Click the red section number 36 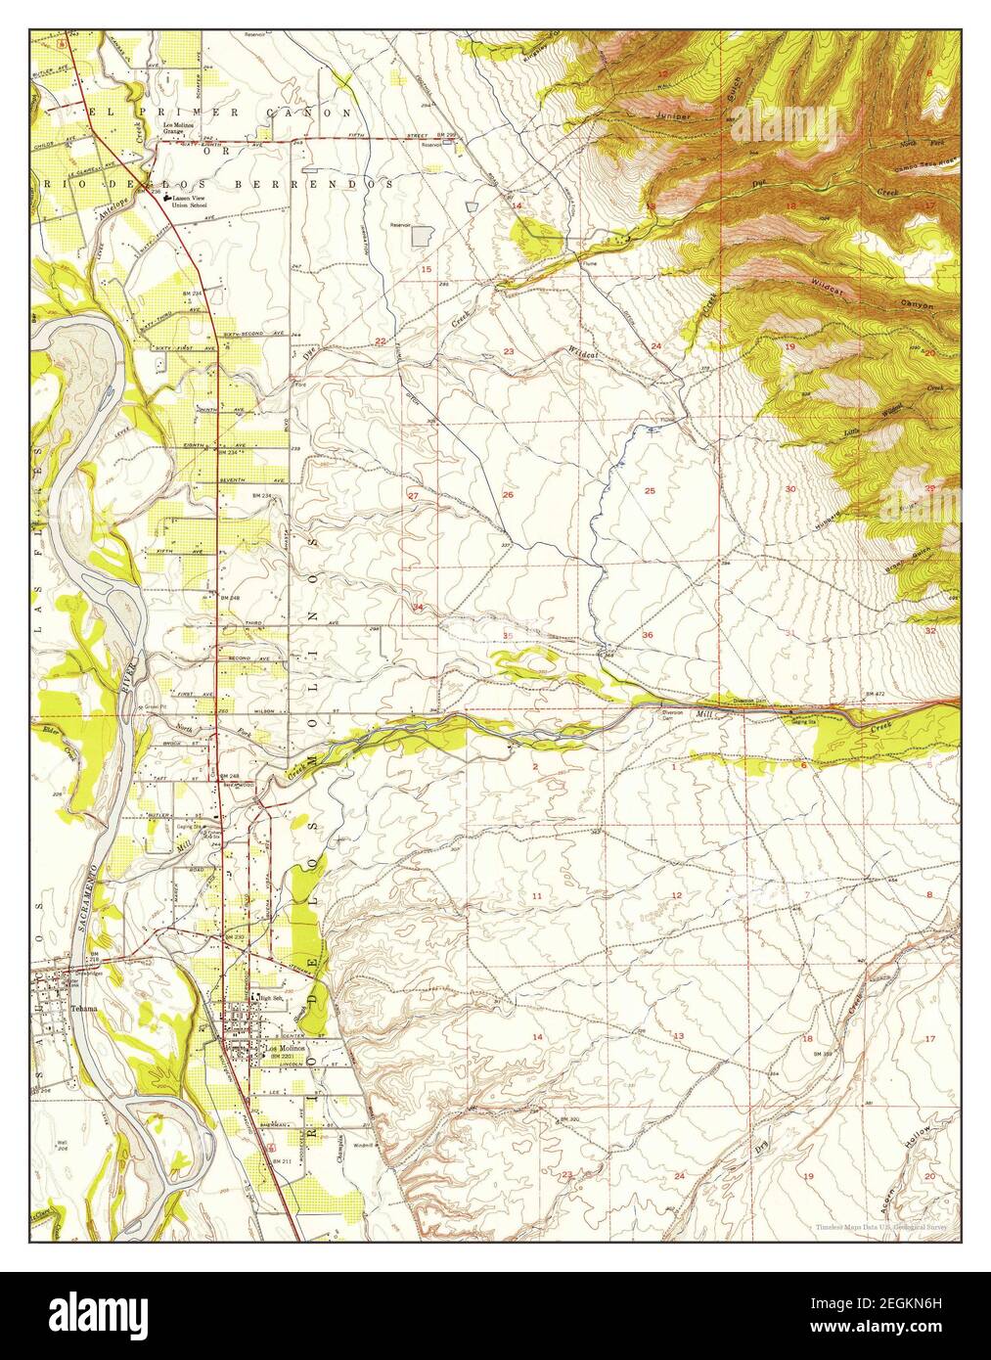click(648, 635)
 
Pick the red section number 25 click(649, 490)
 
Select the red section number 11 click(536, 896)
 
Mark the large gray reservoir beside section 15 click(423, 236)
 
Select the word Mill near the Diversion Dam click(704, 715)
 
